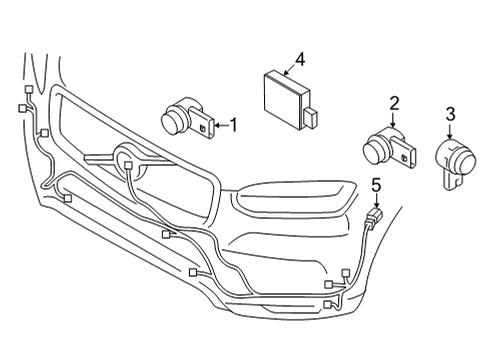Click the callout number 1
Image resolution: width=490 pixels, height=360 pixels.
click(233, 126)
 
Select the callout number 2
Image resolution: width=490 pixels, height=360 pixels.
click(394, 102)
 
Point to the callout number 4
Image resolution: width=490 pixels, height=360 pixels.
click(299, 59)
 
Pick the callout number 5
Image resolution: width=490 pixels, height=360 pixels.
click(375, 184)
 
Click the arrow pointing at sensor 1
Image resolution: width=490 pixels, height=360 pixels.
click(219, 126)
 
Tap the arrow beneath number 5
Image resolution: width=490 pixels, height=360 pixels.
click(375, 200)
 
